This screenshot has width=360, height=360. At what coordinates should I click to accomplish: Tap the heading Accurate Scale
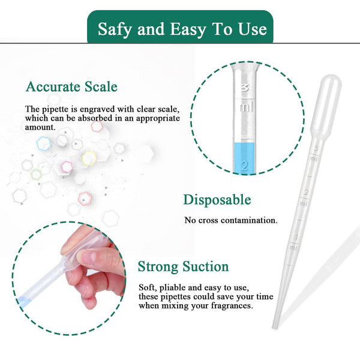71,87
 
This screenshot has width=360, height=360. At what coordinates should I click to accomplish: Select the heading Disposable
217,200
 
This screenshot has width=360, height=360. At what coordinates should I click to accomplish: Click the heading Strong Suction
183,266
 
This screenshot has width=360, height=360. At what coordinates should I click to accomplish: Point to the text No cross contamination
231,220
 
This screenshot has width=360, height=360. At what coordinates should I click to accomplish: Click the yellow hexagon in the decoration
89,158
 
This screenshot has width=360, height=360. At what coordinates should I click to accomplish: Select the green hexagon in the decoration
37,174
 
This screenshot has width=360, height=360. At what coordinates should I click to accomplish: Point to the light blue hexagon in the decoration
43,143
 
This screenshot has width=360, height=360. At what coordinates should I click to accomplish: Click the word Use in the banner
254,29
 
